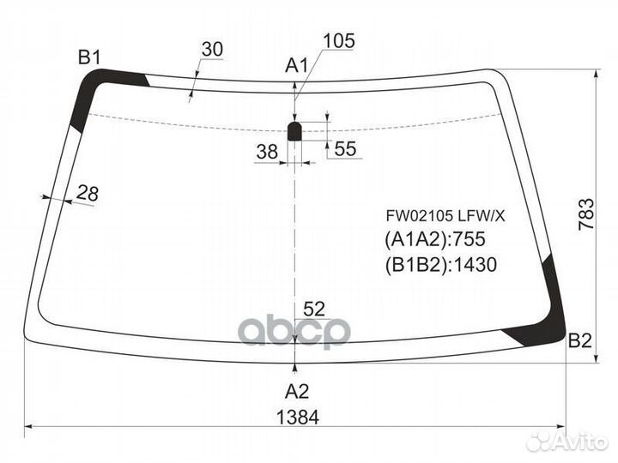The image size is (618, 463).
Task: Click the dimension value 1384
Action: (x=298, y=417)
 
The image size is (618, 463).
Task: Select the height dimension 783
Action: (x=586, y=214)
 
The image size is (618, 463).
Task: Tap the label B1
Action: (x=89, y=57)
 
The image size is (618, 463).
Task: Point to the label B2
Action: (x=580, y=340)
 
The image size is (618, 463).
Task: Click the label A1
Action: (x=296, y=65)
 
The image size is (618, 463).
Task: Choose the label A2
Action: (x=297, y=391)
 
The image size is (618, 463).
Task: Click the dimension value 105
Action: (x=339, y=41)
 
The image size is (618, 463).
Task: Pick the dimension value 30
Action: (x=212, y=50)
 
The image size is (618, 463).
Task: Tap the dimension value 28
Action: (x=87, y=193)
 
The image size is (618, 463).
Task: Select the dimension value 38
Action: (x=267, y=151)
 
